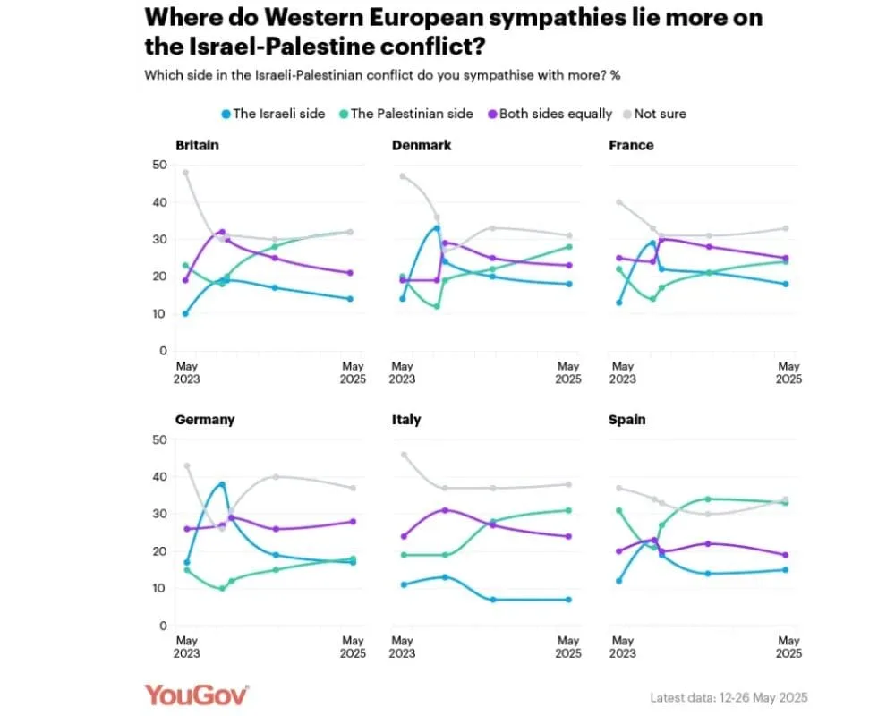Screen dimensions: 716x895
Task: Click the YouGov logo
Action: [x=196, y=695]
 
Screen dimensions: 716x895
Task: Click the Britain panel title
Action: [x=197, y=145]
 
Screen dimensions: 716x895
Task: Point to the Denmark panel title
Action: [x=422, y=145]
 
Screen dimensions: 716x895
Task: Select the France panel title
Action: [x=631, y=145]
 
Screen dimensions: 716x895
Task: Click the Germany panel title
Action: [x=205, y=420]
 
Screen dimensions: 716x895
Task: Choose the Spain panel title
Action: [x=627, y=420]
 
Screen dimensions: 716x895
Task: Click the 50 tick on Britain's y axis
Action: [x=160, y=165]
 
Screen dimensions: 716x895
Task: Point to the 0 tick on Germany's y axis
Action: [x=163, y=626]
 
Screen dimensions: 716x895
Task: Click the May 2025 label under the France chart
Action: [x=788, y=372]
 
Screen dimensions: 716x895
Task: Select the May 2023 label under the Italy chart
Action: [x=404, y=647]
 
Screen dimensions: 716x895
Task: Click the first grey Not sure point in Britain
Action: [x=186, y=173]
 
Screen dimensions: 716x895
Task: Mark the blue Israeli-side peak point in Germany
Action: [x=222, y=484]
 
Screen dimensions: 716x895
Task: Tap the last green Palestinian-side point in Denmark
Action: [x=568, y=247]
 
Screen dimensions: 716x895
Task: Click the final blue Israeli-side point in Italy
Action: [x=568, y=600]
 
